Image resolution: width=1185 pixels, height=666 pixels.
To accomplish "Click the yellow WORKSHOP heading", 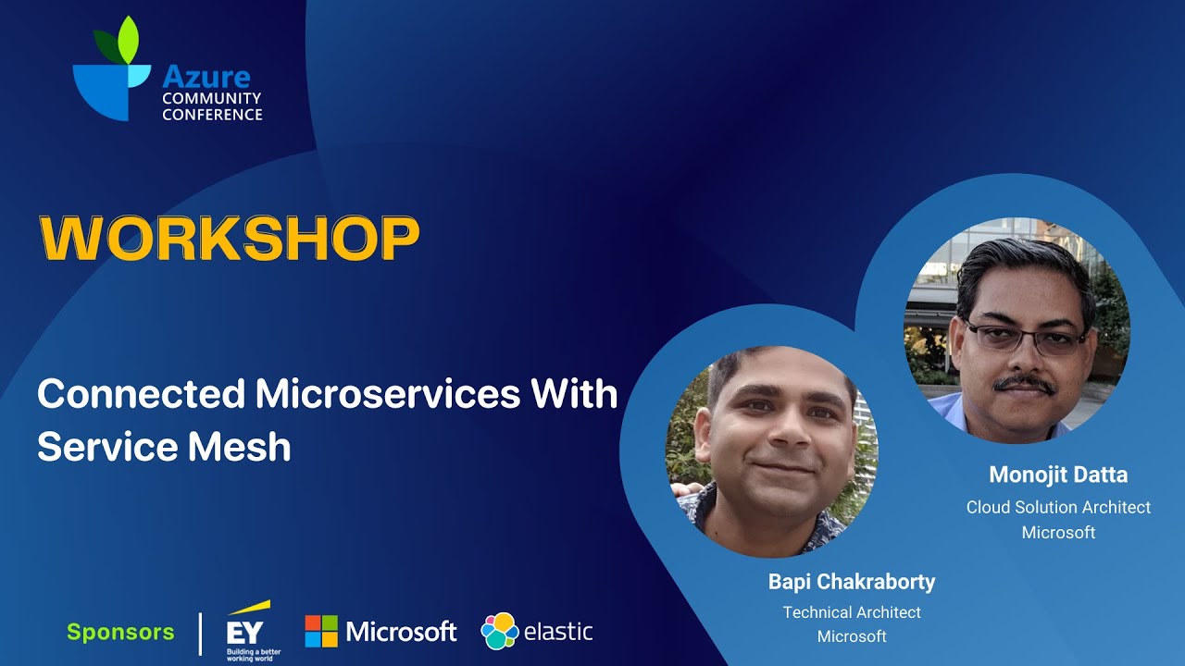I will (x=229, y=239).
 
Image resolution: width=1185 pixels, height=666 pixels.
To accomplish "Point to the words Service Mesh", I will (x=164, y=448).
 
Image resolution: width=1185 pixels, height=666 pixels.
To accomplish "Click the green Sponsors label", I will (x=120, y=633).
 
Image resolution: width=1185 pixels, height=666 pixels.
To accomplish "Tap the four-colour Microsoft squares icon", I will (x=321, y=632).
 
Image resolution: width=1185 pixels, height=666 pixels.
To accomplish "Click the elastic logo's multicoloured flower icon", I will (x=499, y=632).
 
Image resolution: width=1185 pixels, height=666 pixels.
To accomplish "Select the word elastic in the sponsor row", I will (x=558, y=633).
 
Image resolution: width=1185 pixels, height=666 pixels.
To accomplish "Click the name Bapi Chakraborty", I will (x=852, y=582).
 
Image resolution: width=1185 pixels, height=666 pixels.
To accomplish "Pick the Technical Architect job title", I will (x=852, y=612).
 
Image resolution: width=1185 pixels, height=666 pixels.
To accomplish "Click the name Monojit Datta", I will (x=1058, y=475).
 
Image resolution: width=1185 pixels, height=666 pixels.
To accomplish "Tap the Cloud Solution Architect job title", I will (x=1058, y=507).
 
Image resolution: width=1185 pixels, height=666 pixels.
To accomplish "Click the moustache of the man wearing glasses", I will (x=1023, y=381).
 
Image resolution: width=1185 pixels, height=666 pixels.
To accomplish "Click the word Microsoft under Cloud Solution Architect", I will (x=1058, y=533).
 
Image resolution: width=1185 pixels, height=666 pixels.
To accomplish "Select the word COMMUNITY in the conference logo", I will (x=211, y=98).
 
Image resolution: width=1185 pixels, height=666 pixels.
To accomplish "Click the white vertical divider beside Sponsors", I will (x=201, y=633).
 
